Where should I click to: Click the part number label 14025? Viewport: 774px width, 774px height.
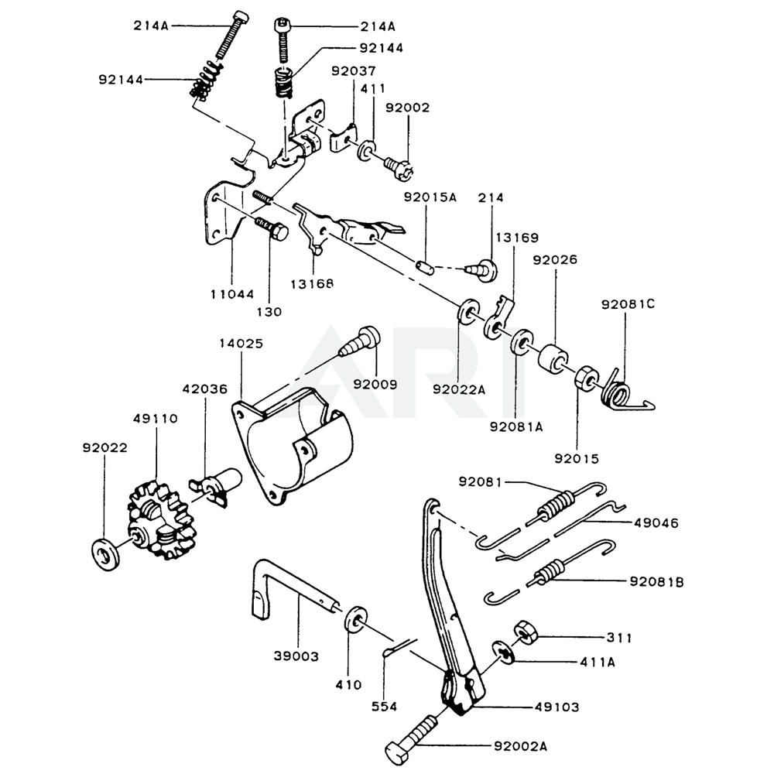tap(241, 344)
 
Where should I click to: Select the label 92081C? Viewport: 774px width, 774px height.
tap(628, 304)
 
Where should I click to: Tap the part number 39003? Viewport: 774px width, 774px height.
tap(296, 656)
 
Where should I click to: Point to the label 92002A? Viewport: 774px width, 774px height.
tap(520, 746)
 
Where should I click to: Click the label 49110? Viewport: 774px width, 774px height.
tap(155, 419)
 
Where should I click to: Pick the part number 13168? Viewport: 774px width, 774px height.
tap(312, 284)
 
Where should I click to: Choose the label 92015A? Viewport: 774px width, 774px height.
tap(430, 197)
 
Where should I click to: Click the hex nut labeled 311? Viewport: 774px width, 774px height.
tap(526, 632)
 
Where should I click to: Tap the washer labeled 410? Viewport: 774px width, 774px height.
tap(355, 618)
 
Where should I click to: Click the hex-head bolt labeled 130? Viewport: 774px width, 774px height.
tap(272, 230)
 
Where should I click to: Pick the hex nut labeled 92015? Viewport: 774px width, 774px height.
tap(587, 378)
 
